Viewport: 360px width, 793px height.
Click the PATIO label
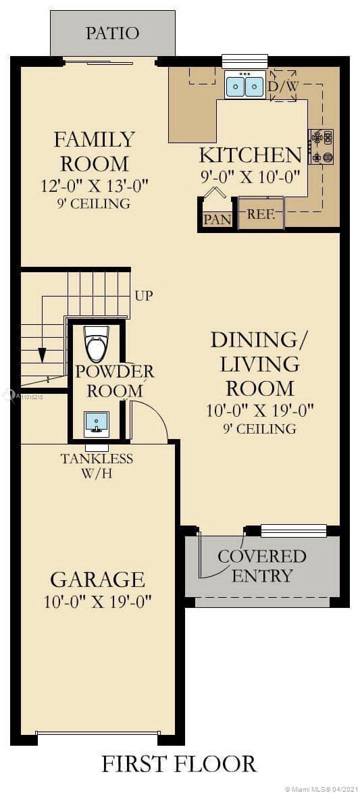coord(112,33)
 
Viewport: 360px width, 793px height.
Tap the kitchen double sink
coord(245,86)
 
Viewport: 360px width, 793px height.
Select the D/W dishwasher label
coord(283,86)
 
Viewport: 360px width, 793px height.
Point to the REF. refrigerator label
coord(261,214)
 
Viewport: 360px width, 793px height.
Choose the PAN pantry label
coord(217,220)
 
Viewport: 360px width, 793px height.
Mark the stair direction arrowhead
coord(42,355)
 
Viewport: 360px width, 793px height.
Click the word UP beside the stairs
coord(144,295)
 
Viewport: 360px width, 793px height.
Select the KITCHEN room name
coord(251,155)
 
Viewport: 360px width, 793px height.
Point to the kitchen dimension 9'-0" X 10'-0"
coord(251,177)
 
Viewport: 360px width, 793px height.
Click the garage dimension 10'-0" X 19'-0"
coord(97,601)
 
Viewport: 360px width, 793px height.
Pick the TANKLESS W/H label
coord(97,465)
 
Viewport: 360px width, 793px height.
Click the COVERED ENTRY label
coord(262,566)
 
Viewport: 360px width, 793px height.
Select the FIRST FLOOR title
coord(179,763)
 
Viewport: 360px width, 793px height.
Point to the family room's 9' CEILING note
coord(94,204)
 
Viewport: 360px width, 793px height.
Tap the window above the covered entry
coord(293,530)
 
